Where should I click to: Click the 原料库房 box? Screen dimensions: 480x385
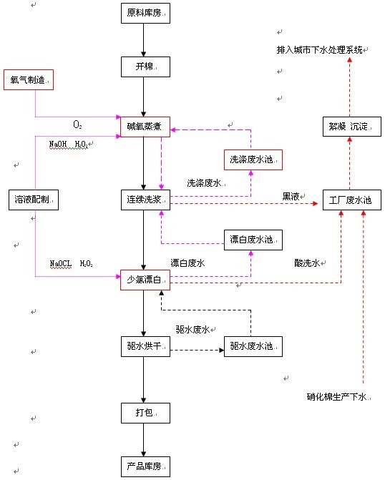pyautogui.click(x=144, y=14)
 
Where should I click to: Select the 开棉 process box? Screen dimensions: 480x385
pyautogui.click(x=144, y=67)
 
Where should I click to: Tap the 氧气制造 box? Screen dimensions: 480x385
pyautogui.click(x=29, y=80)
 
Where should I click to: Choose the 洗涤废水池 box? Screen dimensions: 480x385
pyautogui.click(x=252, y=159)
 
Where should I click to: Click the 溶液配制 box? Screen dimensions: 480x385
pyautogui.click(x=33, y=200)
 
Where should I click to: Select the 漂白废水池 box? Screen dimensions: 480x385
pyautogui.click(x=252, y=239)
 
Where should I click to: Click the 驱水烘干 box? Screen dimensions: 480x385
pyautogui.click(x=144, y=348)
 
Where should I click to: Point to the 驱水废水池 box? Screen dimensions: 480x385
pyautogui.click(x=252, y=348)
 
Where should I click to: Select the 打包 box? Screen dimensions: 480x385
pyautogui.click(x=144, y=413)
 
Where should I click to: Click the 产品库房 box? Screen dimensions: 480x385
pyautogui.click(x=144, y=468)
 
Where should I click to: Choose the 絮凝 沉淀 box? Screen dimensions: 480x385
pyautogui.click(x=349, y=127)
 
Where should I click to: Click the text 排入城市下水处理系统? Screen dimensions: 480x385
pyautogui.click(x=320, y=52)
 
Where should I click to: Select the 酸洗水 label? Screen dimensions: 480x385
pyautogui.click(x=307, y=263)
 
